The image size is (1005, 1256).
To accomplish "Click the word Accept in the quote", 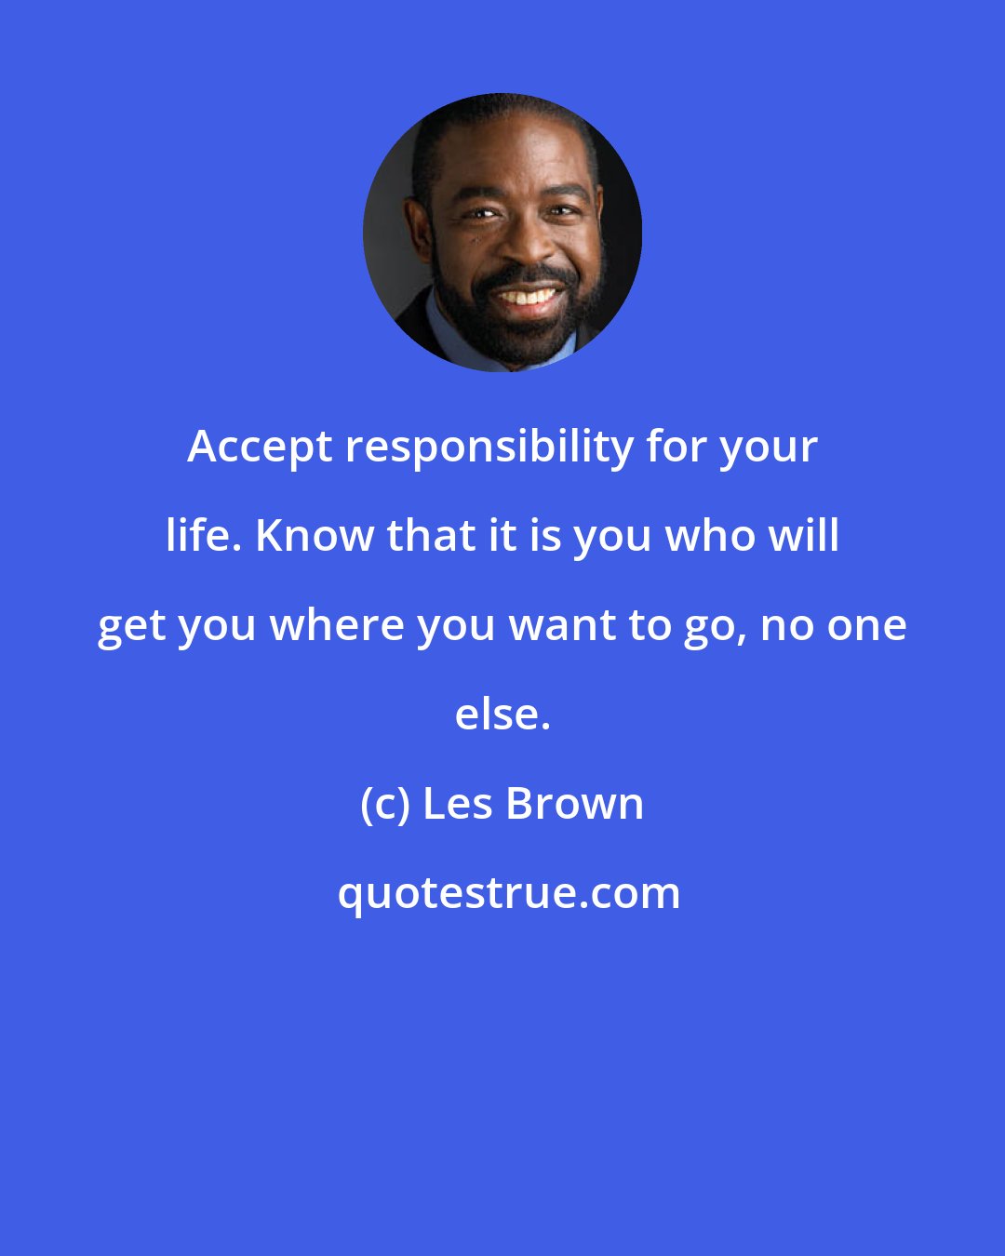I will [x=260, y=448].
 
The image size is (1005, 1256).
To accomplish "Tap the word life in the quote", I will [x=204, y=535].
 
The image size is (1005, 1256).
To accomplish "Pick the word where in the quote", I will [x=336, y=624].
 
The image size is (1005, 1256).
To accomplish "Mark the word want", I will [x=563, y=624].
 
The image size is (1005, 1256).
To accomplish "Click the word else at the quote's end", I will [x=501, y=714].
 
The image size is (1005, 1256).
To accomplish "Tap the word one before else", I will [x=869, y=624].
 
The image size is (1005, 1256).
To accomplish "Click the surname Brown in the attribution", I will [x=575, y=803].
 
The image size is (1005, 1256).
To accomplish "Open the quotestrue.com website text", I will [x=508, y=893].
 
